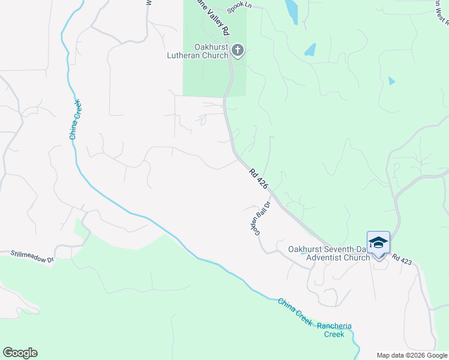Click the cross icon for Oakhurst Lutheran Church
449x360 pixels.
238,50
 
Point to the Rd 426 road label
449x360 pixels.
258,179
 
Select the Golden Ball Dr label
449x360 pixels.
259,220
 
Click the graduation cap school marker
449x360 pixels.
378,242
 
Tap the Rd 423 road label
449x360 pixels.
402,258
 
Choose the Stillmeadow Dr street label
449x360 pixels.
32,256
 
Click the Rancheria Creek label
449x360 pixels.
334,330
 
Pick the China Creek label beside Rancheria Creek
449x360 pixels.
295,312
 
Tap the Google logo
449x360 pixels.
20,353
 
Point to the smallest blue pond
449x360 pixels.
392,80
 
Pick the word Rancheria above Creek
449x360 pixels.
334,326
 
